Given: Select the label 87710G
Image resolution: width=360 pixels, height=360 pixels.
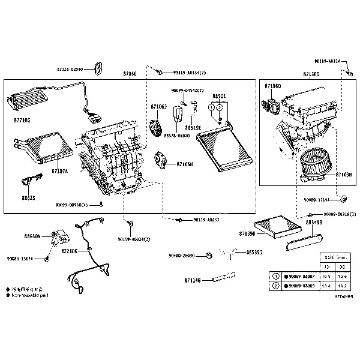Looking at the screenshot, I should (x=22, y=120).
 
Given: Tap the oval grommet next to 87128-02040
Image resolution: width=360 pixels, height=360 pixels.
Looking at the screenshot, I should (x=100, y=69).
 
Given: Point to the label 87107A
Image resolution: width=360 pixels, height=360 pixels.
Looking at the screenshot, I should (x=59, y=171).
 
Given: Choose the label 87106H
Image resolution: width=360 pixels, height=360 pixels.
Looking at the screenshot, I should (x=184, y=164).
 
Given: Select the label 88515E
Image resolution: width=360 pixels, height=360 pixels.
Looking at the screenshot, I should (x=193, y=127).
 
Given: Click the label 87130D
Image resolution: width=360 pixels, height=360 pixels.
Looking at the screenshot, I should (x=311, y=74).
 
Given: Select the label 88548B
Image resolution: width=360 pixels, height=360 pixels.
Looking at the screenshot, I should (x=314, y=222).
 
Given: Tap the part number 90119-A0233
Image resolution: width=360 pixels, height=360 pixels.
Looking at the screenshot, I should (x=206, y=220).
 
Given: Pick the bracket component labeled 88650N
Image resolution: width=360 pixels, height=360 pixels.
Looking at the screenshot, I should (x=61, y=235).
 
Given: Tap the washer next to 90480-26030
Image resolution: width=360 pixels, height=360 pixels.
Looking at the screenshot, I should (x=208, y=256).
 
